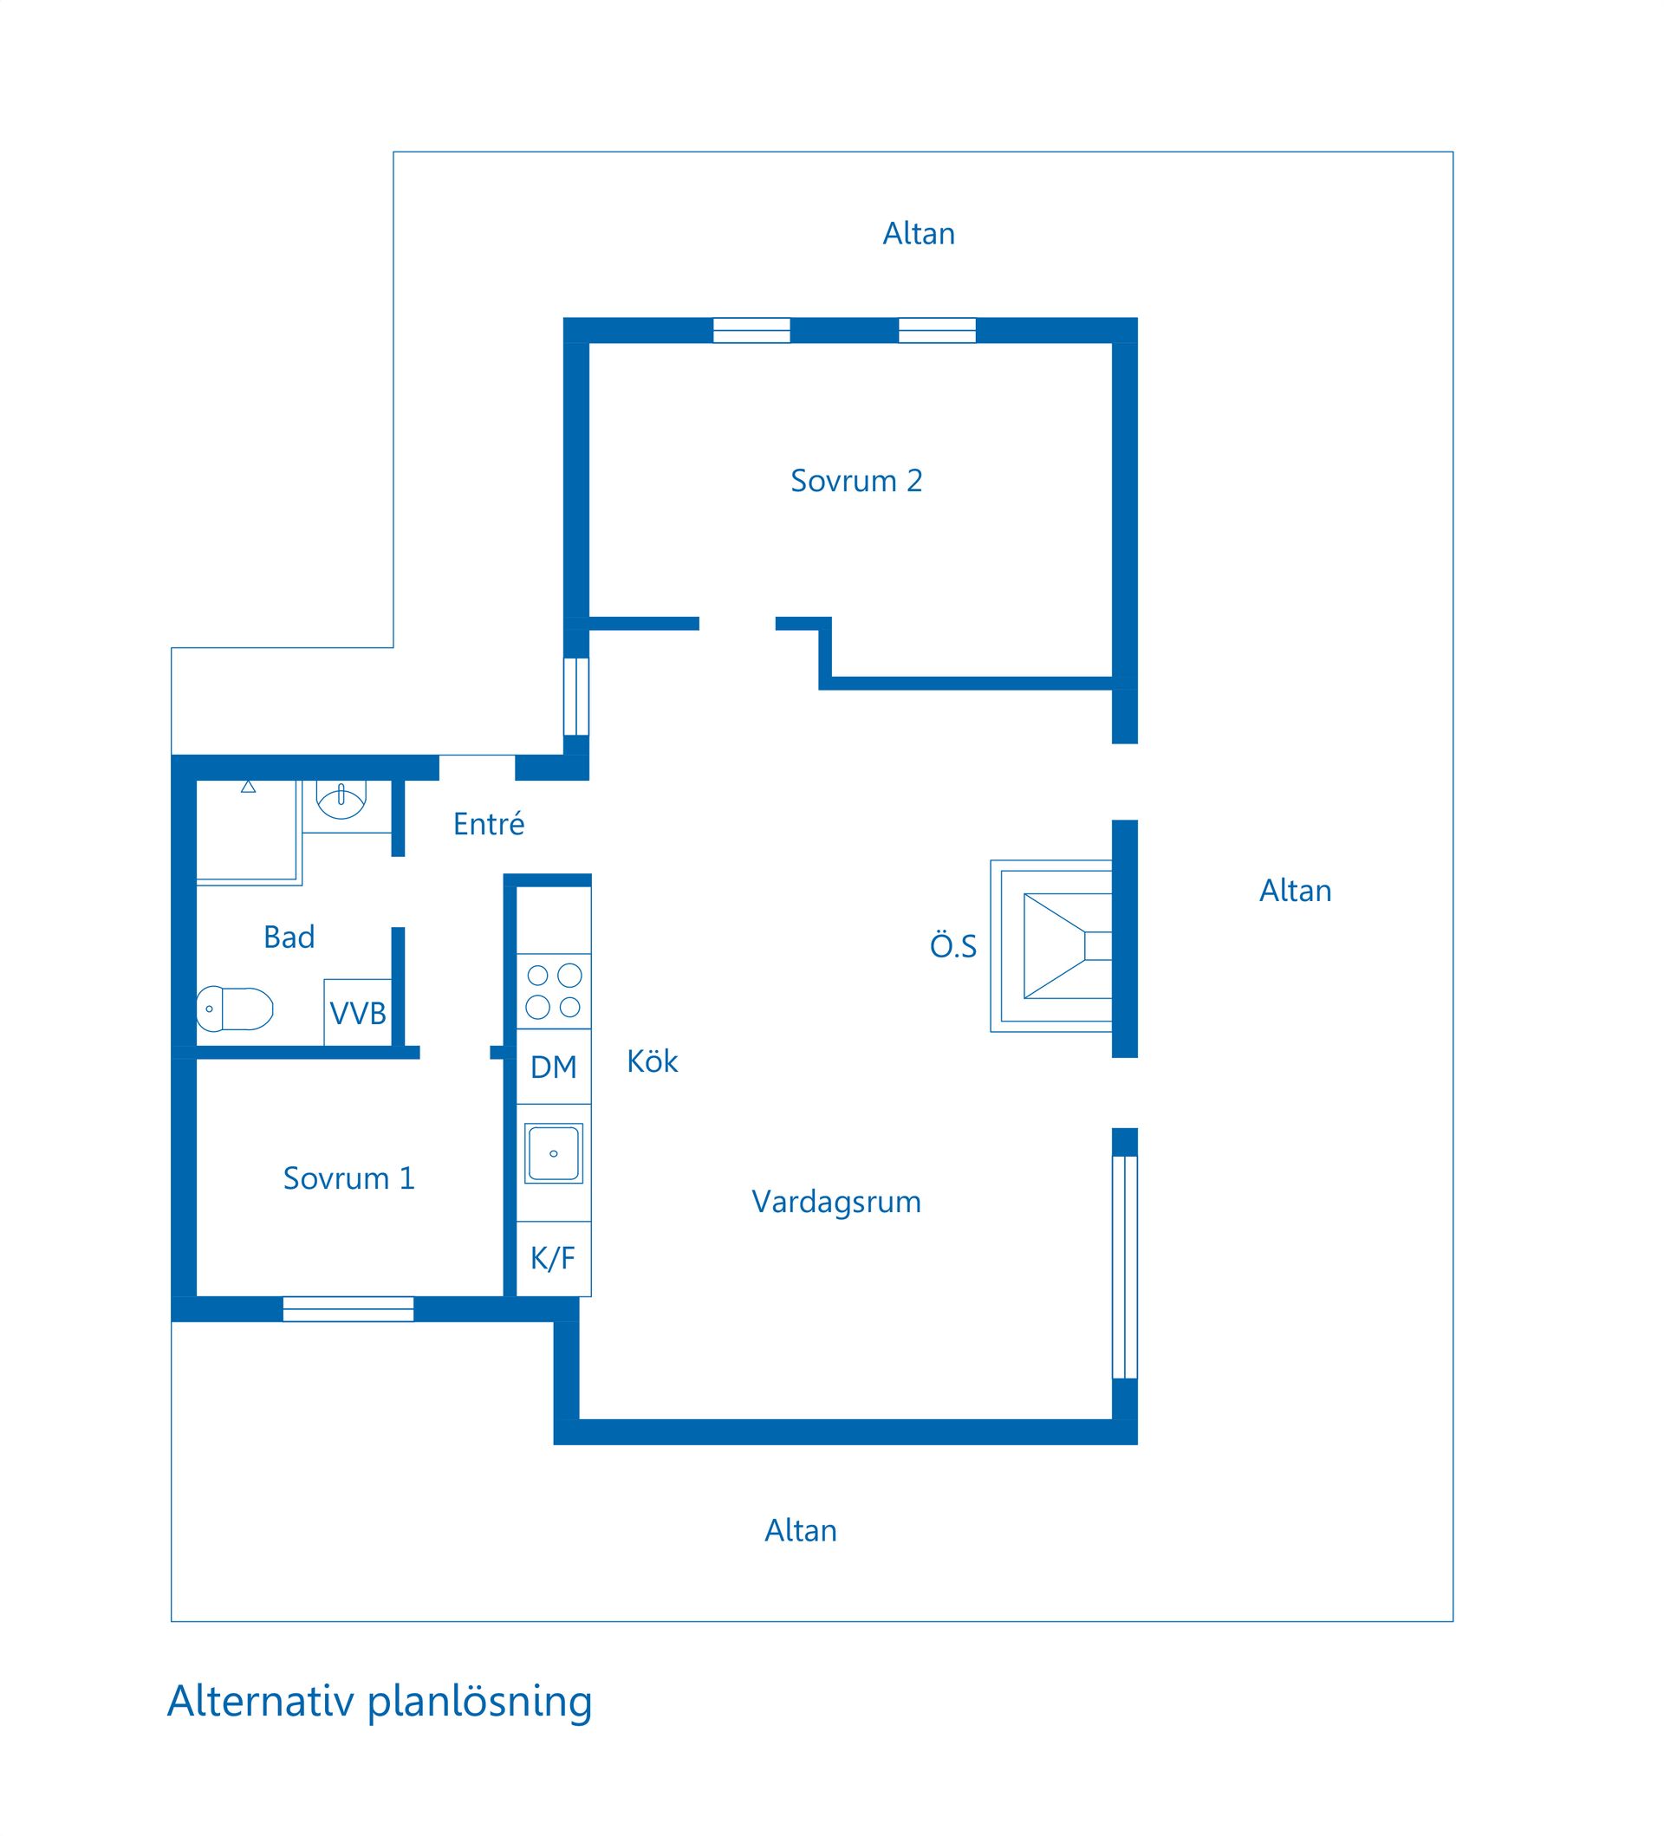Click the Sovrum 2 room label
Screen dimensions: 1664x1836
pyautogui.click(x=856, y=481)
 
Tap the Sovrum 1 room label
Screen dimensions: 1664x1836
pyautogui.click(x=348, y=1178)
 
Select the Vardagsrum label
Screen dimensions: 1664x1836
pyautogui.click(x=836, y=1202)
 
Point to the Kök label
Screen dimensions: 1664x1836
pyautogui.click(x=652, y=1061)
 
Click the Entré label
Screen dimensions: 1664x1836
pyautogui.click(x=488, y=823)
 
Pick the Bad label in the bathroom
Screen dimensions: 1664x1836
pyautogui.click(x=289, y=937)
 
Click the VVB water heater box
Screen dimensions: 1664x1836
pyautogui.click(x=358, y=1012)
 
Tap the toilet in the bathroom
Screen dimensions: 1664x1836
pyautogui.click(x=235, y=1009)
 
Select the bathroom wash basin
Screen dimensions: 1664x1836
pyautogui.click(x=341, y=798)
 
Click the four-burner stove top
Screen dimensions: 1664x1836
pyautogui.click(x=554, y=991)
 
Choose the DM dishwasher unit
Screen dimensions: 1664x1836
pyautogui.click(x=554, y=1067)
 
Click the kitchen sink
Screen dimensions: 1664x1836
pyautogui.click(x=553, y=1154)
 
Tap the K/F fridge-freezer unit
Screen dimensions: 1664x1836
pyautogui.click(x=554, y=1259)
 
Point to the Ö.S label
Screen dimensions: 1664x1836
pyautogui.click(x=952, y=946)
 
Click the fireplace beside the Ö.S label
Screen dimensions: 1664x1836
pyautogui.click(x=1051, y=945)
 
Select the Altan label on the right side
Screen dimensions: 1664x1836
pyautogui.click(x=1295, y=891)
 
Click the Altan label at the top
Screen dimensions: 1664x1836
pyautogui.click(x=918, y=234)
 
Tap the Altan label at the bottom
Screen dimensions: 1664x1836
pyautogui.click(x=801, y=1531)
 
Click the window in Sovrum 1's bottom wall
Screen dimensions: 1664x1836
pyautogui.click(x=348, y=1308)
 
